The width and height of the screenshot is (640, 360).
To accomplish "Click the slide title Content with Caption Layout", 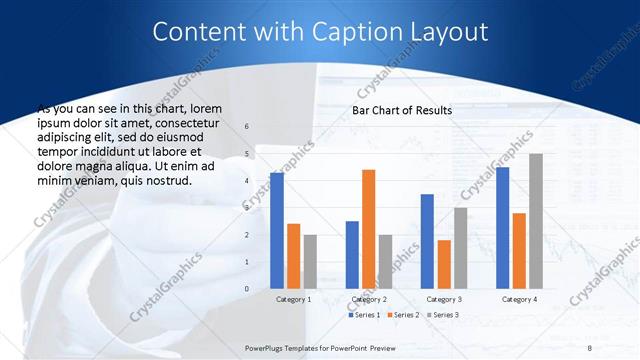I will pyautogui.click(x=320, y=32).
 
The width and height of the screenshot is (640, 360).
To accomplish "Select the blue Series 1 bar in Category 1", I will pyautogui.click(x=276, y=230).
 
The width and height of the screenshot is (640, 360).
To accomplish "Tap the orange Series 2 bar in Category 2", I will pyautogui.click(x=368, y=228).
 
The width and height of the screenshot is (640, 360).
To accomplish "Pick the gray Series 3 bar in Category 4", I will pyautogui.click(x=536, y=221).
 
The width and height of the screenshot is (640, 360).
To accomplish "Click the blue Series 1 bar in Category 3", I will pyautogui.click(x=427, y=241).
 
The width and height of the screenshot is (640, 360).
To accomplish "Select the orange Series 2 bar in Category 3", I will pyautogui.click(x=444, y=264).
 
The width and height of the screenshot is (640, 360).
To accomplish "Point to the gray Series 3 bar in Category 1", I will pyautogui.click(x=310, y=261).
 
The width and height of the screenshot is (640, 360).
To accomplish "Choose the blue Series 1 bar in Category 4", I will pyautogui.click(x=502, y=227).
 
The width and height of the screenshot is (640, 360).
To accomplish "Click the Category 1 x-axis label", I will pyautogui.click(x=293, y=299).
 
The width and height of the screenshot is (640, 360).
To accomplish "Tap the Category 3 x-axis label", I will pyautogui.click(x=444, y=299).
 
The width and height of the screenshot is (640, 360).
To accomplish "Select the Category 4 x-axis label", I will pyautogui.click(x=519, y=299).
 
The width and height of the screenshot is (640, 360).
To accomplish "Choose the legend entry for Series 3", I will pyautogui.click(x=443, y=315).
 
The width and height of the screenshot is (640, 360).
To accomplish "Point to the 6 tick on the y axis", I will pyautogui.click(x=247, y=127).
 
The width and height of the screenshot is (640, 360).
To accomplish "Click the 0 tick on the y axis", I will pyautogui.click(x=247, y=289).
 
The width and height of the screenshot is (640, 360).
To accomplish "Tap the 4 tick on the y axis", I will pyautogui.click(x=247, y=181).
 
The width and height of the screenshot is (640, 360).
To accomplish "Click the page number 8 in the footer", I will pyautogui.click(x=590, y=347).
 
